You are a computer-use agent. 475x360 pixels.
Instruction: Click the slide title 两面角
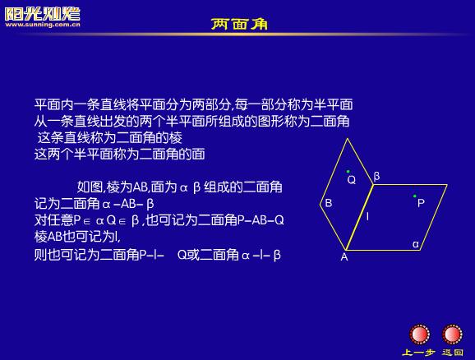[239, 24]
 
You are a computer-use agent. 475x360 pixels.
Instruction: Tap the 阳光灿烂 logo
[43, 14]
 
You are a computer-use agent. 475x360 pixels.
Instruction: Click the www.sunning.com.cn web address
[43, 25]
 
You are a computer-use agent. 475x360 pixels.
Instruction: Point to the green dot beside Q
[348, 172]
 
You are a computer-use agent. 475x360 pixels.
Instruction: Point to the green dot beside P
[415, 196]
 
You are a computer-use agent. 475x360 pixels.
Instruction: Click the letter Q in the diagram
[352, 180]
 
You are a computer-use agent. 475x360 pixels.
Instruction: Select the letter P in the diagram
[421, 203]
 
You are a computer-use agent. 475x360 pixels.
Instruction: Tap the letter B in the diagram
[329, 203]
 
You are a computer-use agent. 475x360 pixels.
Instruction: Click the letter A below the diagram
[344, 257]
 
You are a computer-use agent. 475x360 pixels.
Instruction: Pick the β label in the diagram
[376, 176]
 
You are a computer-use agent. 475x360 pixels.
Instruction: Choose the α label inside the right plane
[416, 244]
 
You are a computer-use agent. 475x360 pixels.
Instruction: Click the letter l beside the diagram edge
[367, 216]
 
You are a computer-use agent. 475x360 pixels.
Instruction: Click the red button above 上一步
[419, 335]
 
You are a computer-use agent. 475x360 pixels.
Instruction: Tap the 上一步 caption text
[418, 353]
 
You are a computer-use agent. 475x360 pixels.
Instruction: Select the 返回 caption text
[452, 352]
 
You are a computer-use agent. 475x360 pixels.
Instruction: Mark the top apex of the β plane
[348, 139]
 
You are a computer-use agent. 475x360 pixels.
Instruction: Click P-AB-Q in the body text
[261, 220]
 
